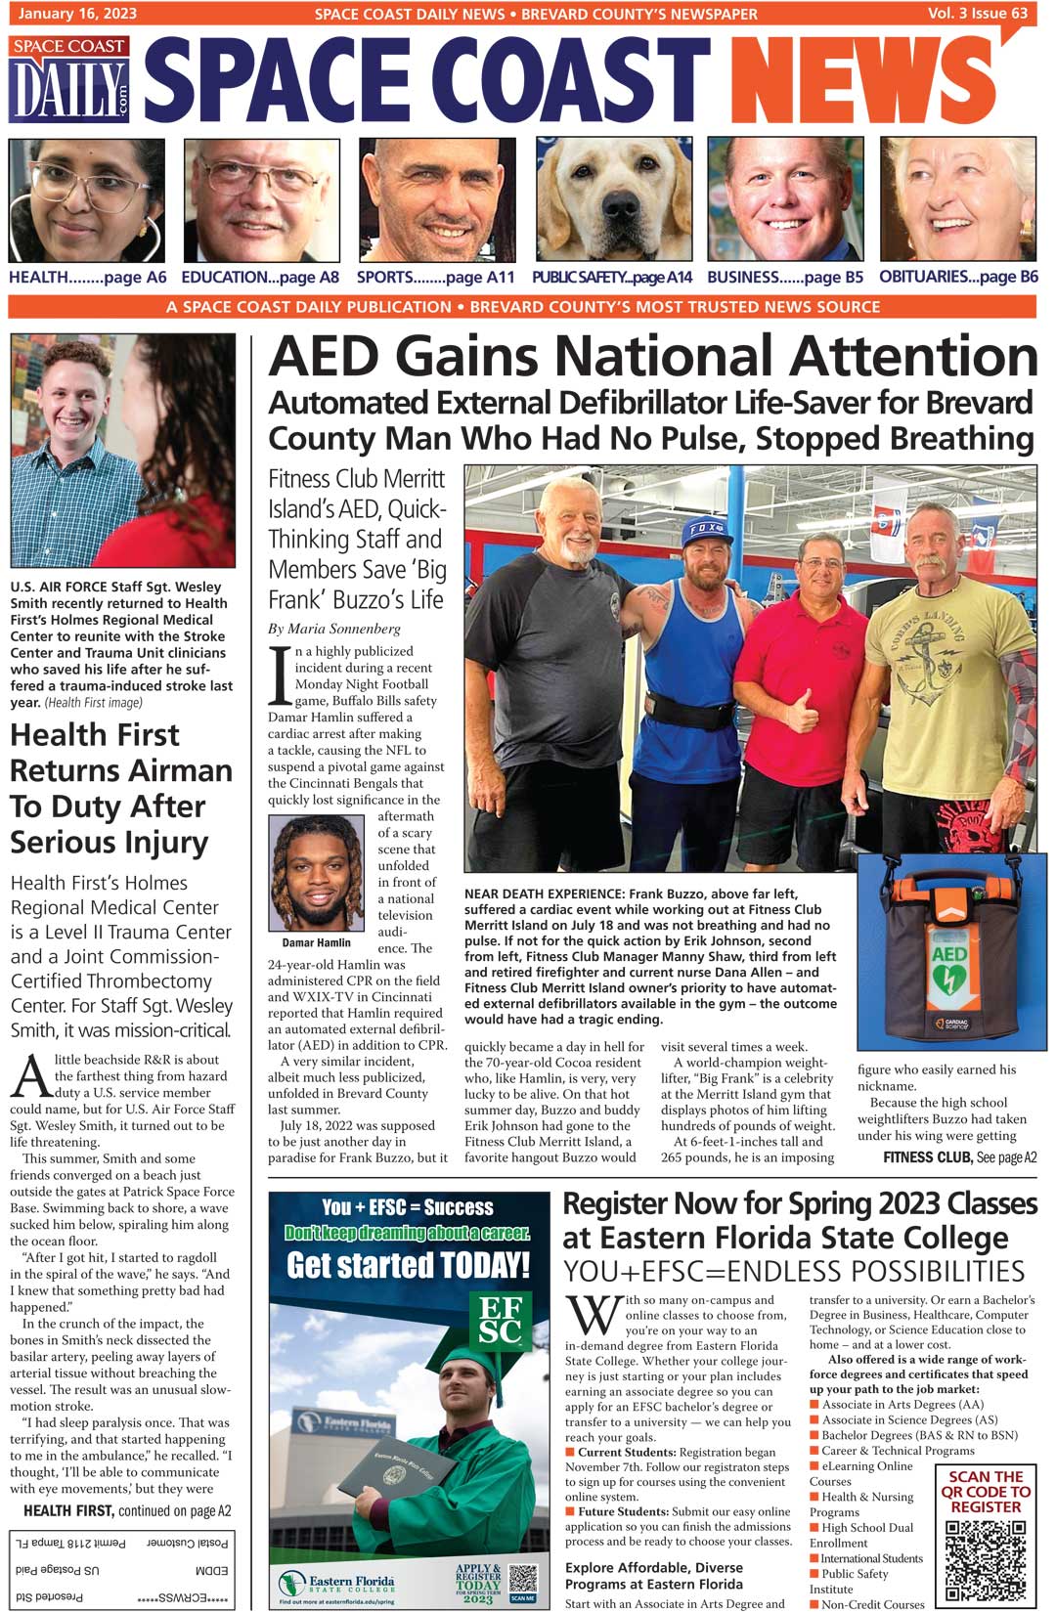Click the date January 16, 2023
[77, 14]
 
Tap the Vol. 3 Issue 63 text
[978, 14]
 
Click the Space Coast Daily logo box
[69, 80]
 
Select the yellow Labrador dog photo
[614, 200]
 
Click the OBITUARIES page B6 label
[958, 277]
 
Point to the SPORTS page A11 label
[435, 278]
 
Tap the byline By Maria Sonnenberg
[334, 629]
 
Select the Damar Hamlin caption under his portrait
[316, 942]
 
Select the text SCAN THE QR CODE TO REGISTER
[986, 1492]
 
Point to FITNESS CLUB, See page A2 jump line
[959, 1157]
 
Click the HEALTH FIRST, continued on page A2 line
[127, 1510]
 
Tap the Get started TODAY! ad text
[408, 1266]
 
